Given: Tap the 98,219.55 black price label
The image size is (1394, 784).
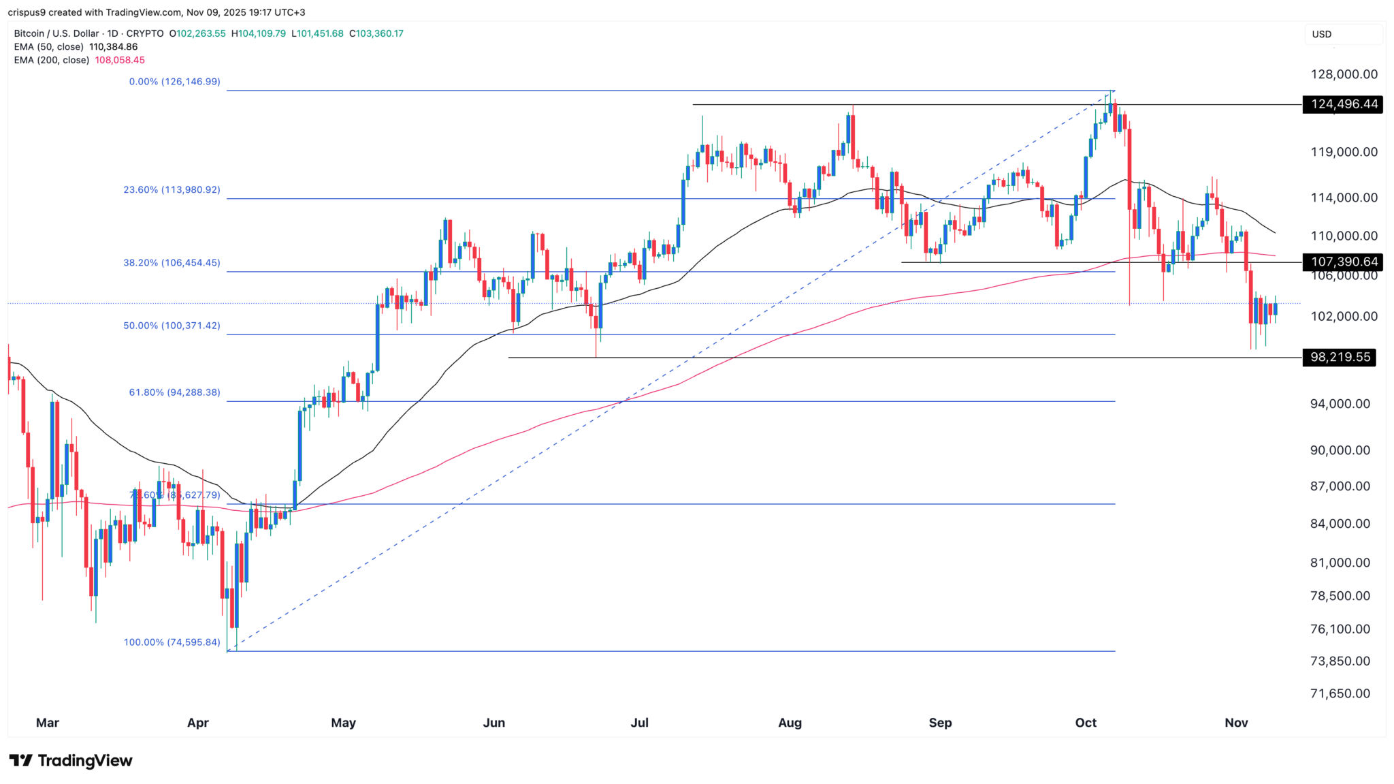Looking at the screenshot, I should pos(1339,358).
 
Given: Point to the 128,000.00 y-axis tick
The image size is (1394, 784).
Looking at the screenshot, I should pos(1344,74).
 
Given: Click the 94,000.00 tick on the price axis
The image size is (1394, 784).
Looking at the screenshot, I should pos(1340,404).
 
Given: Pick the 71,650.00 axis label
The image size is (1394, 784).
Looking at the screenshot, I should pos(1340,693).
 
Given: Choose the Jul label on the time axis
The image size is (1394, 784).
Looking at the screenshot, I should pos(639,723).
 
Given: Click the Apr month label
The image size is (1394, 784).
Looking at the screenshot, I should pos(198,723).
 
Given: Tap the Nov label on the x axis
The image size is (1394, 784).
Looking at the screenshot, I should pos(1236,723).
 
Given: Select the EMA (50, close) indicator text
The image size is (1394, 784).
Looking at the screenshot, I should pos(49,47).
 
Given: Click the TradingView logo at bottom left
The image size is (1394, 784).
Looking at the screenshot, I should pos(71,760).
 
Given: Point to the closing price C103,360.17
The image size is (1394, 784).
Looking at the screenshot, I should pos(376,33).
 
